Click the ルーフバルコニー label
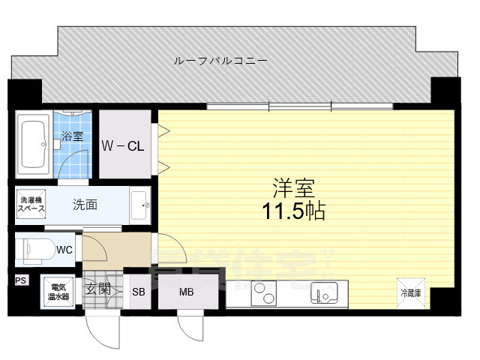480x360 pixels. [220, 60]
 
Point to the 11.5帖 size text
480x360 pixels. [293, 211]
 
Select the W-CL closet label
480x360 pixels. [124, 145]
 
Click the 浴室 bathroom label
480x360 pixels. [72, 137]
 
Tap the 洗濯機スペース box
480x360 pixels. [31, 204]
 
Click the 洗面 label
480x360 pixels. [84, 203]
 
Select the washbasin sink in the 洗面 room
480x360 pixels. [140, 203]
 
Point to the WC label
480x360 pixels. [64, 250]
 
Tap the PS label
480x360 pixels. [19, 280]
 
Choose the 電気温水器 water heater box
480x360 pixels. [58, 291]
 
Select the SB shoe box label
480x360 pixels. [139, 292]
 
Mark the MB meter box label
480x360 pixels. [186, 292]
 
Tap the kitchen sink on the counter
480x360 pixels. [322, 292]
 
